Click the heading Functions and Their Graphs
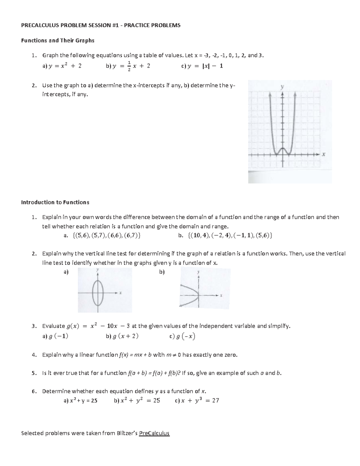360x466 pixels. (x=58, y=40)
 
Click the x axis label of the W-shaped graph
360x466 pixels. (x=323, y=155)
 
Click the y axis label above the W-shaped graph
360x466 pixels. (x=282, y=87)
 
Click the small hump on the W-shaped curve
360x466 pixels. (x=282, y=149)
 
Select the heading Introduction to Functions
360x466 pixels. (x=55, y=202)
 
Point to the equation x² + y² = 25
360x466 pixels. (x=140, y=400)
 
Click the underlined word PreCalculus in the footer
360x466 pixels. (x=154, y=433)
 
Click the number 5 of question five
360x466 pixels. (x=34, y=373)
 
